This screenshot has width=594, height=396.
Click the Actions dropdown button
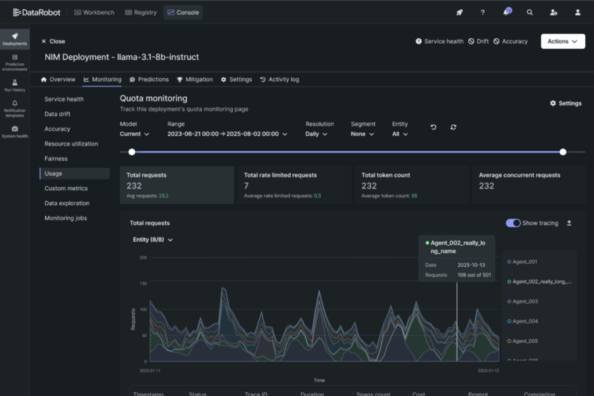pos(562,41)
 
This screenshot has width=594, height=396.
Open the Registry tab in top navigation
pos(141,12)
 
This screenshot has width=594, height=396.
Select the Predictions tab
pos(149,79)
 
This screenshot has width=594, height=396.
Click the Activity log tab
pos(280,79)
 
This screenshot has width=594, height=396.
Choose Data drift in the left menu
pos(57,114)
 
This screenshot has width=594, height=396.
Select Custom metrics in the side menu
pos(66,188)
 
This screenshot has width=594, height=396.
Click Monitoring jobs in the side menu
pos(66,218)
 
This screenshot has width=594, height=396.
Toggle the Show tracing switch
pos(513,223)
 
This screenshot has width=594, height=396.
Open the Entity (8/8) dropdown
pos(153,239)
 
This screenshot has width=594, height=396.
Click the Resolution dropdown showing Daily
pos(316,134)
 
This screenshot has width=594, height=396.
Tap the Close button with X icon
pos(53,41)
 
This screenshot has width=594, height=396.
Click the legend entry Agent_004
pos(525,321)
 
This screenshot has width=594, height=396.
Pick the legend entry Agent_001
pos(525,262)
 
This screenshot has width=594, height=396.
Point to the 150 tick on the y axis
pos(143,284)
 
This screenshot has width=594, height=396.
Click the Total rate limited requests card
pos(294,185)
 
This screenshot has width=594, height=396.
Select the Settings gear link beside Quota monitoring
pos(566,103)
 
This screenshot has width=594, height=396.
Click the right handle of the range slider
pos(563,152)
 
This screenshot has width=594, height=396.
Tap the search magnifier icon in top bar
pos(530,12)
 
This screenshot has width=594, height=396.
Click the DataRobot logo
pos(37,12)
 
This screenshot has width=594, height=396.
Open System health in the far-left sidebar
pos(15,132)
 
